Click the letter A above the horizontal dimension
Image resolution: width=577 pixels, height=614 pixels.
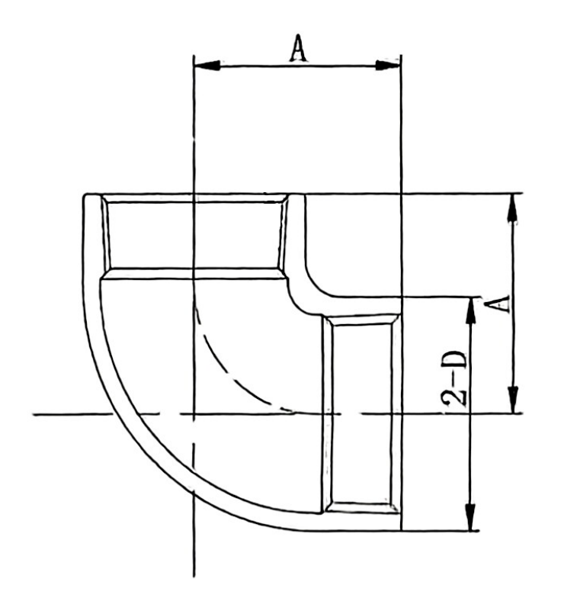(x=297, y=48)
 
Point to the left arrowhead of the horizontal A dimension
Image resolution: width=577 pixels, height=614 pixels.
(x=204, y=66)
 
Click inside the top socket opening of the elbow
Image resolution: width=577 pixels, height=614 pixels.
(x=194, y=233)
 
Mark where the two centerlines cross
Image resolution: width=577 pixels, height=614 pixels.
(x=194, y=414)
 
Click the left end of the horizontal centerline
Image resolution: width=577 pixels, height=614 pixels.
(x=37, y=414)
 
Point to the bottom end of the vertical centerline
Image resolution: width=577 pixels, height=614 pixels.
(x=194, y=574)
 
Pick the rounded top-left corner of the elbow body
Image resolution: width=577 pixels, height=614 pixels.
(x=88, y=200)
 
